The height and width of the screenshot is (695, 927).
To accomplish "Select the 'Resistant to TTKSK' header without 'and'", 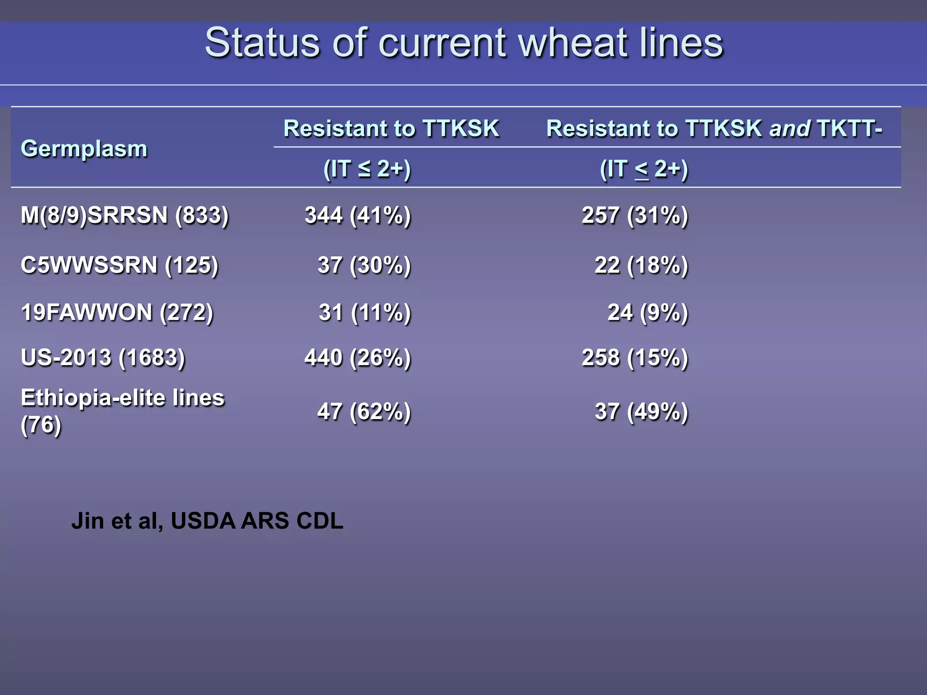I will coord(391,129).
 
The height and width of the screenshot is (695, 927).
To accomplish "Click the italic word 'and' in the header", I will coord(789,129).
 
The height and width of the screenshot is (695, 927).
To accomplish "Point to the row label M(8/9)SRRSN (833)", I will coord(124,215).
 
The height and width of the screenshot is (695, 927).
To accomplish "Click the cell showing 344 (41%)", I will coord(358,215).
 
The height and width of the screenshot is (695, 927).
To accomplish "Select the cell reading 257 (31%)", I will coord(635,215).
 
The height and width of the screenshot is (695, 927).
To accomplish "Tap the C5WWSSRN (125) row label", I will coord(119,265).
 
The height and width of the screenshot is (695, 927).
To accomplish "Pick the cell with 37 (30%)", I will coord(364,265).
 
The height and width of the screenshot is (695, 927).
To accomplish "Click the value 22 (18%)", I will coord(641,265).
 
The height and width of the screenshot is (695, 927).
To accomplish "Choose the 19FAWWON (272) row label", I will coord(117,312).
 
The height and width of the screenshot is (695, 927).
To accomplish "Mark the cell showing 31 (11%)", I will coord(364,312).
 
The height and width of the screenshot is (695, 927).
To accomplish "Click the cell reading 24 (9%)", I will coord(647,312).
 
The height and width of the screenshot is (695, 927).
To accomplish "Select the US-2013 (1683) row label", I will coord(103,357).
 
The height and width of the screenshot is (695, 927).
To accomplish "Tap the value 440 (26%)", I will coord(358,357).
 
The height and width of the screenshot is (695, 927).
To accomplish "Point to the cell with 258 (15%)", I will coord(635,357).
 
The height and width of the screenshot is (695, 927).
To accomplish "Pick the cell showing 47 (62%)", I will coord(364,411).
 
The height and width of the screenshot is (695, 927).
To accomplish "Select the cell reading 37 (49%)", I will coord(641,411).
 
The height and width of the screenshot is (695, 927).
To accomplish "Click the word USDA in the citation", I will coord(203,521).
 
